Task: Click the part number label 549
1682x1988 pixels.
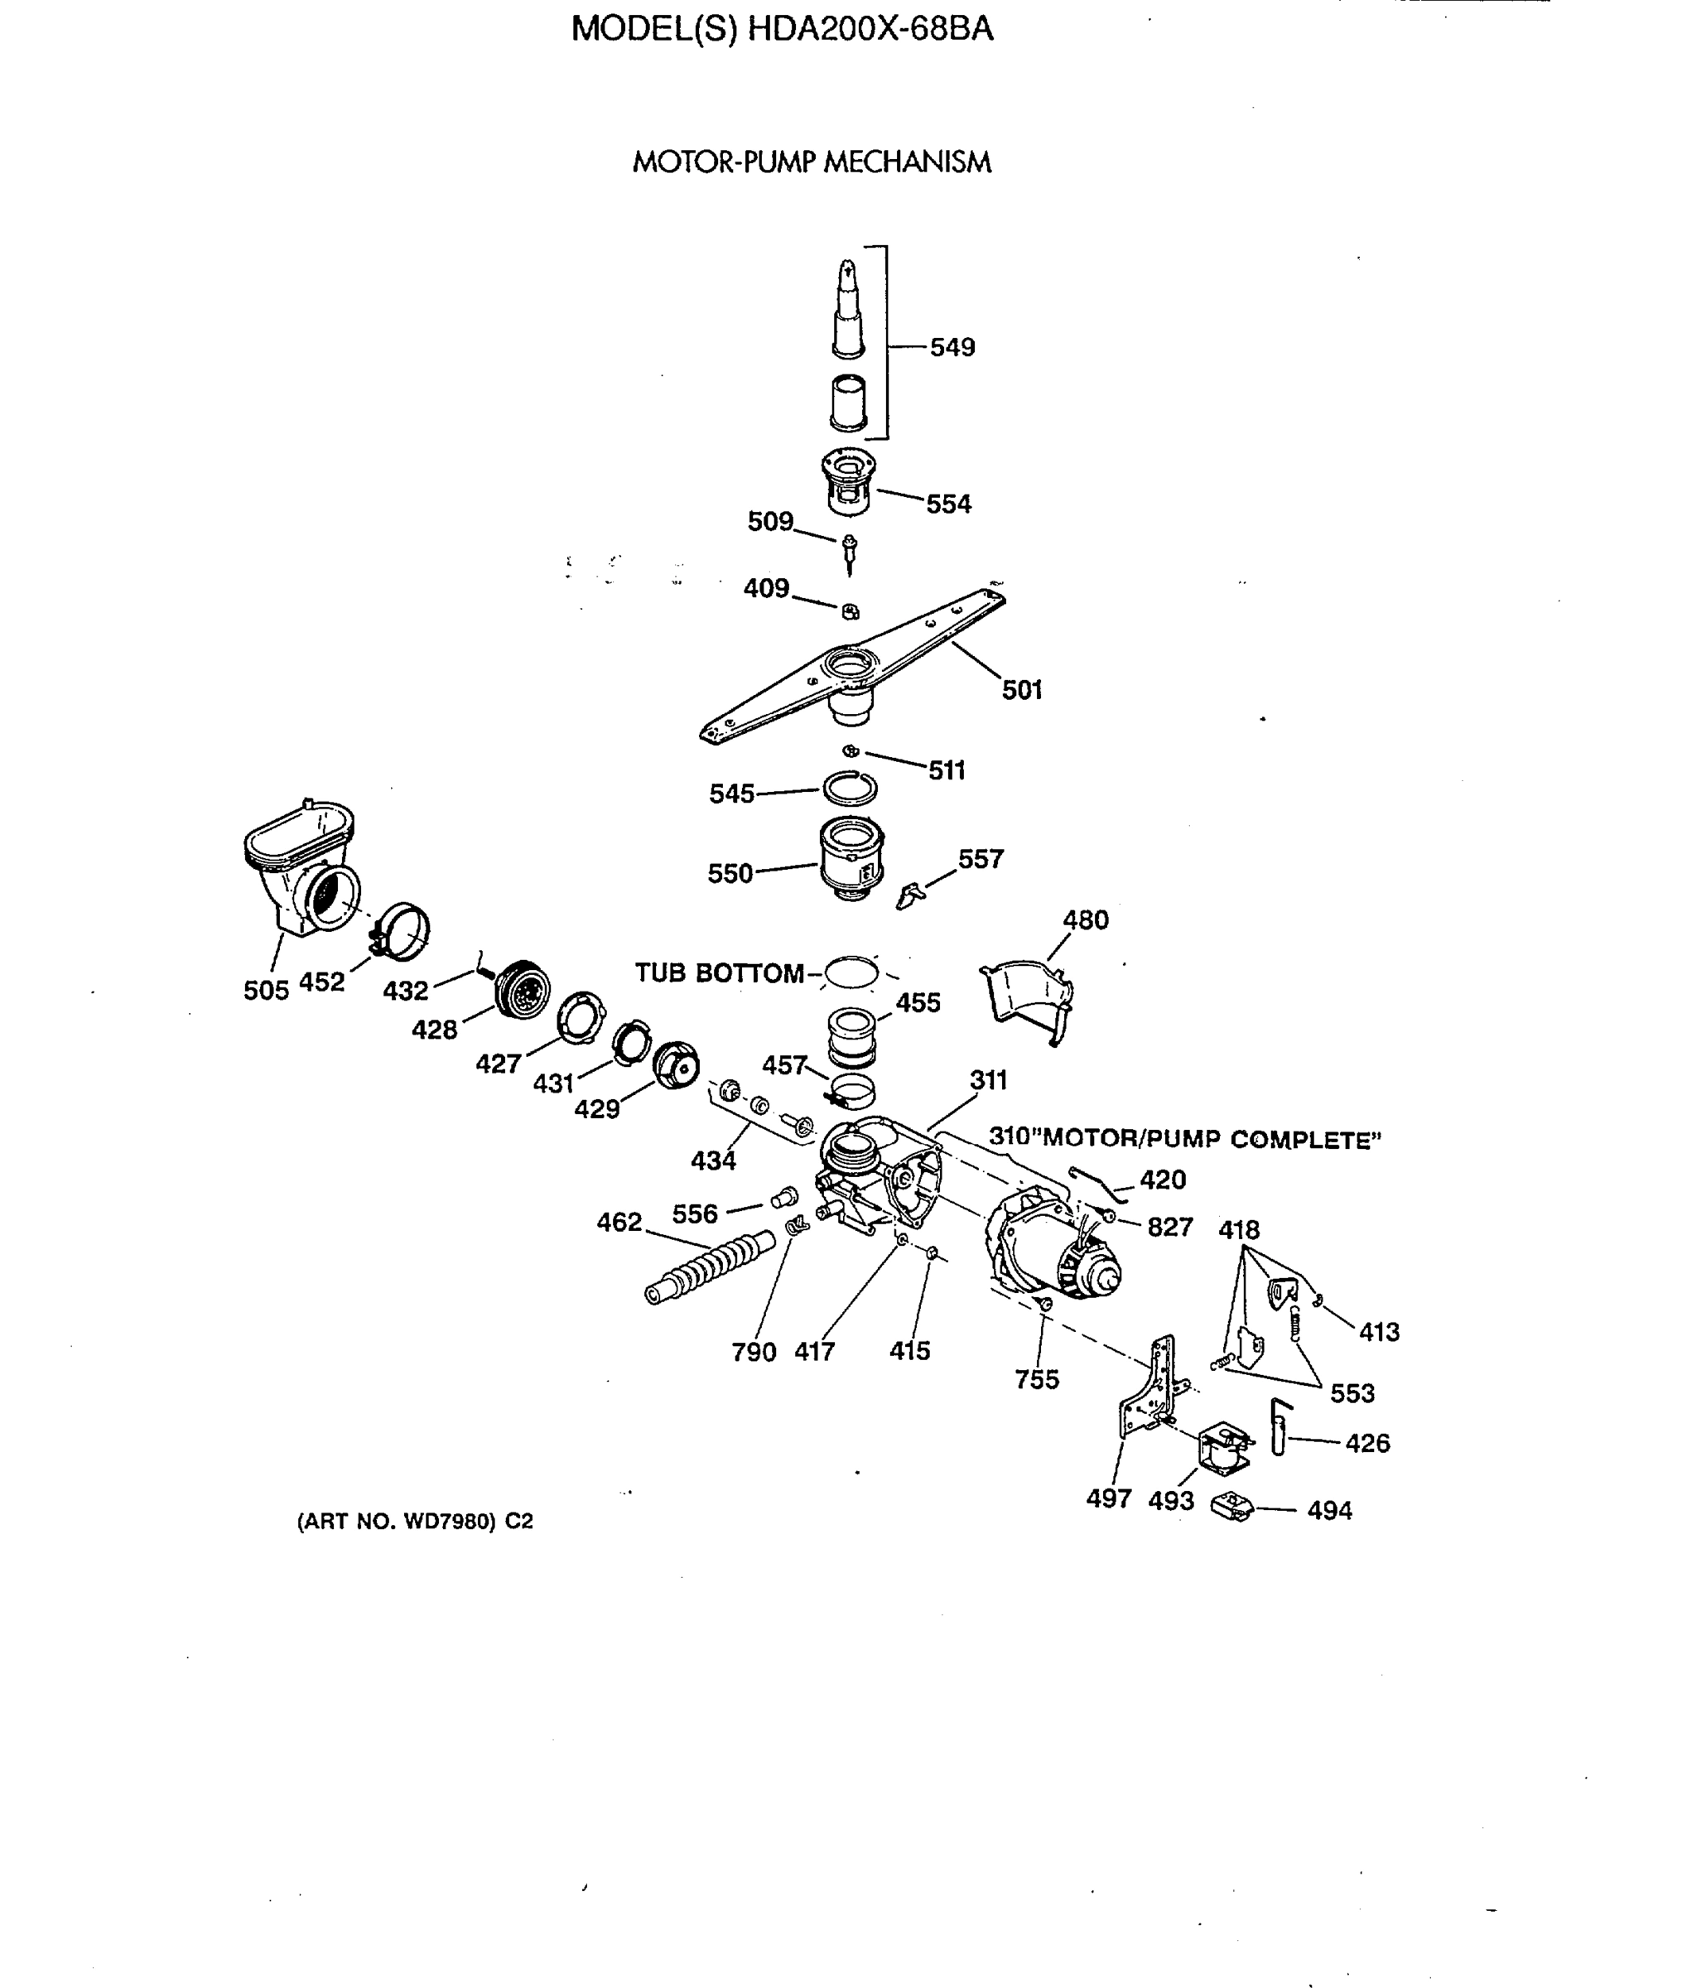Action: click(952, 347)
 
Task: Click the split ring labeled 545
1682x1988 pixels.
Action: click(851, 789)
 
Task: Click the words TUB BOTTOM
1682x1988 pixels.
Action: click(719, 973)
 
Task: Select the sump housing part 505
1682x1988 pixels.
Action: click(300, 867)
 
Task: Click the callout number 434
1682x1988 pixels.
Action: click(713, 1160)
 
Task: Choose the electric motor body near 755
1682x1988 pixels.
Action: click(1048, 1249)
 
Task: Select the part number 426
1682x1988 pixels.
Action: click(1366, 1443)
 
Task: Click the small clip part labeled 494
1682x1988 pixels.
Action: click(1232, 1507)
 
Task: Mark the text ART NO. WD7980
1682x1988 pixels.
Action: click(415, 1522)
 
